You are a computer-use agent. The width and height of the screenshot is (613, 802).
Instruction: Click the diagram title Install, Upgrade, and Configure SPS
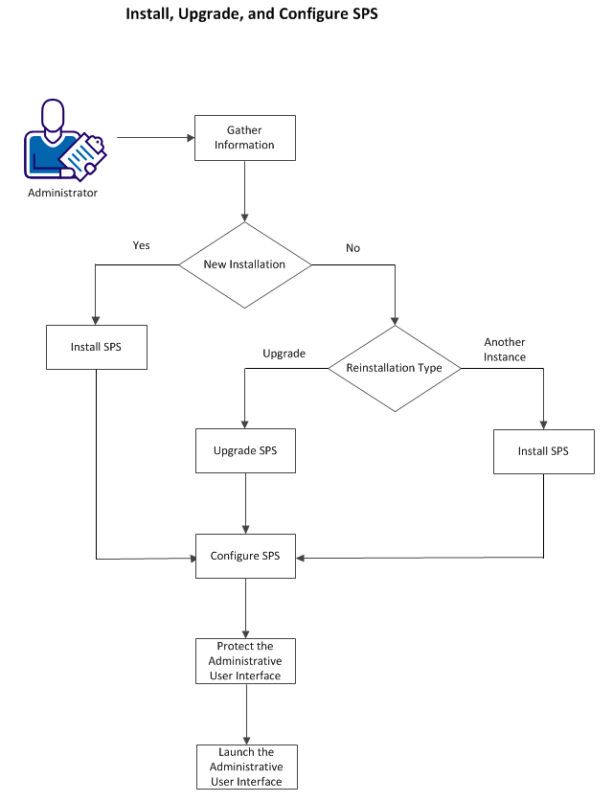(x=245, y=16)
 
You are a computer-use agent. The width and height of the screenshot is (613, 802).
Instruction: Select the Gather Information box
(x=244, y=138)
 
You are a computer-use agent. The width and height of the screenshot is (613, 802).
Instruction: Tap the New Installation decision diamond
(x=245, y=264)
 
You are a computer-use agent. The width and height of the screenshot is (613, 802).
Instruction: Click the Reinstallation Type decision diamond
(x=395, y=368)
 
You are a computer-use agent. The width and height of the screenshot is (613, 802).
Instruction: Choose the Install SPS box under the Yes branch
(x=97, y=347)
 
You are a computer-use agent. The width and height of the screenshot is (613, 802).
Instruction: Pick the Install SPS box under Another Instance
(x=543, y=450)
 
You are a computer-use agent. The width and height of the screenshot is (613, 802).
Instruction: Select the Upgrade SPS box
(x=245, y=450)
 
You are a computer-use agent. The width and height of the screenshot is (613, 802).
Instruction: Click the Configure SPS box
(x=245, y=556)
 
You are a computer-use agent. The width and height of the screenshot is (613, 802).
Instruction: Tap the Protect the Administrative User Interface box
(x=245, y=661)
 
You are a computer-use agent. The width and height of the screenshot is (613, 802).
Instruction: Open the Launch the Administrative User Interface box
(x=246, y=767)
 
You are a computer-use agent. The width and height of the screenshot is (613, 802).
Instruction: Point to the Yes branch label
(x=141, y=245)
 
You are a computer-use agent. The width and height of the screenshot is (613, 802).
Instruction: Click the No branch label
(x=352, y=248)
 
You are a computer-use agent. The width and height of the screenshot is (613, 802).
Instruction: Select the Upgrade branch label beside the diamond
(x=284, y=354)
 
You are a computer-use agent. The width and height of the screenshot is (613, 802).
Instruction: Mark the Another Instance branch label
(x=505, y=350)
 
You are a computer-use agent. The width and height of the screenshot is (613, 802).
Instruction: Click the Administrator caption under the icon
(x=62, y=193)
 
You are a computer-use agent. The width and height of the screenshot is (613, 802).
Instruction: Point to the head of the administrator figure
(x=52, y=116)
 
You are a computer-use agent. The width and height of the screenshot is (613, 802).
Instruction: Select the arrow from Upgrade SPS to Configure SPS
(x=246, y=502)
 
